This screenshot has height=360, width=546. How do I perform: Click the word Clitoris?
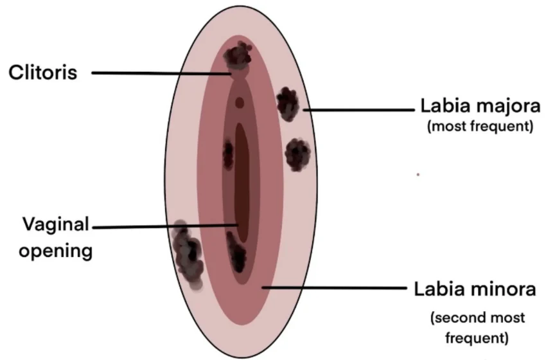[43, 73]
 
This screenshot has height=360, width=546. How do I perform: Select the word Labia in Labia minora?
[437, 289]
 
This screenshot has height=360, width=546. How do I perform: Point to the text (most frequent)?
[480, 126]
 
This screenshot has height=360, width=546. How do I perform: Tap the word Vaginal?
[56, 224]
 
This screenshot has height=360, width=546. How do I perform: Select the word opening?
[56, 251]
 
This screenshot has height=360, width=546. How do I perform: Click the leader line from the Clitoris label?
[161, 73]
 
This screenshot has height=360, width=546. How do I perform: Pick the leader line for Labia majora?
[358, 110]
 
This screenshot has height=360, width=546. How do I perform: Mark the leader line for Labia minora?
[334, 288]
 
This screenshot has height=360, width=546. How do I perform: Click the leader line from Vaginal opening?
[165, 226]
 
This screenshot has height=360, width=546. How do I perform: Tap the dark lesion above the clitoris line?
[238, 55]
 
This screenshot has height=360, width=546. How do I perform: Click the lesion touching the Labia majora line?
[288, 104]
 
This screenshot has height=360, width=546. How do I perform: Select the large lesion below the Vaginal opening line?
[188, 255]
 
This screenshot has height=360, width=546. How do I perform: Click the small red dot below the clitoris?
[240, 103]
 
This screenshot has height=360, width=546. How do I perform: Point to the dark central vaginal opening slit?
[242, 183]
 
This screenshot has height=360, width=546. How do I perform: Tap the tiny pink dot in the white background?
[418, 174]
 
